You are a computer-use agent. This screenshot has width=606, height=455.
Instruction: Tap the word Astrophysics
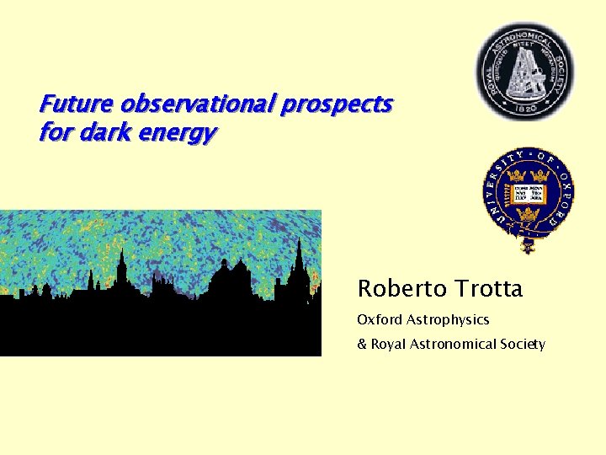pyautogui.click(x=449, y=320)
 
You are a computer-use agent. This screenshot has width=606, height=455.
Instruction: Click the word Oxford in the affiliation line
pyautogui.click(x=380, y=320)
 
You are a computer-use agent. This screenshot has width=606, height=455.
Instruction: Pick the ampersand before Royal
pyautogui.click(x=362, y=344)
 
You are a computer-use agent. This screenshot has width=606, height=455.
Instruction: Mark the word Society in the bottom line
pyautogui.click(x=523, y=344)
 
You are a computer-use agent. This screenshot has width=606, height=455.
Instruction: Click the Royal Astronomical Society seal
pyautogui.click(x=526, y=71)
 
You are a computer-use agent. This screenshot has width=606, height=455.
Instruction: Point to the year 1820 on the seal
pyautogui.click(x=526, y=109)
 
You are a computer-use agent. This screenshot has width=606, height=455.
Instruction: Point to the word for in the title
pyautogui.click(x=53, y=132)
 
